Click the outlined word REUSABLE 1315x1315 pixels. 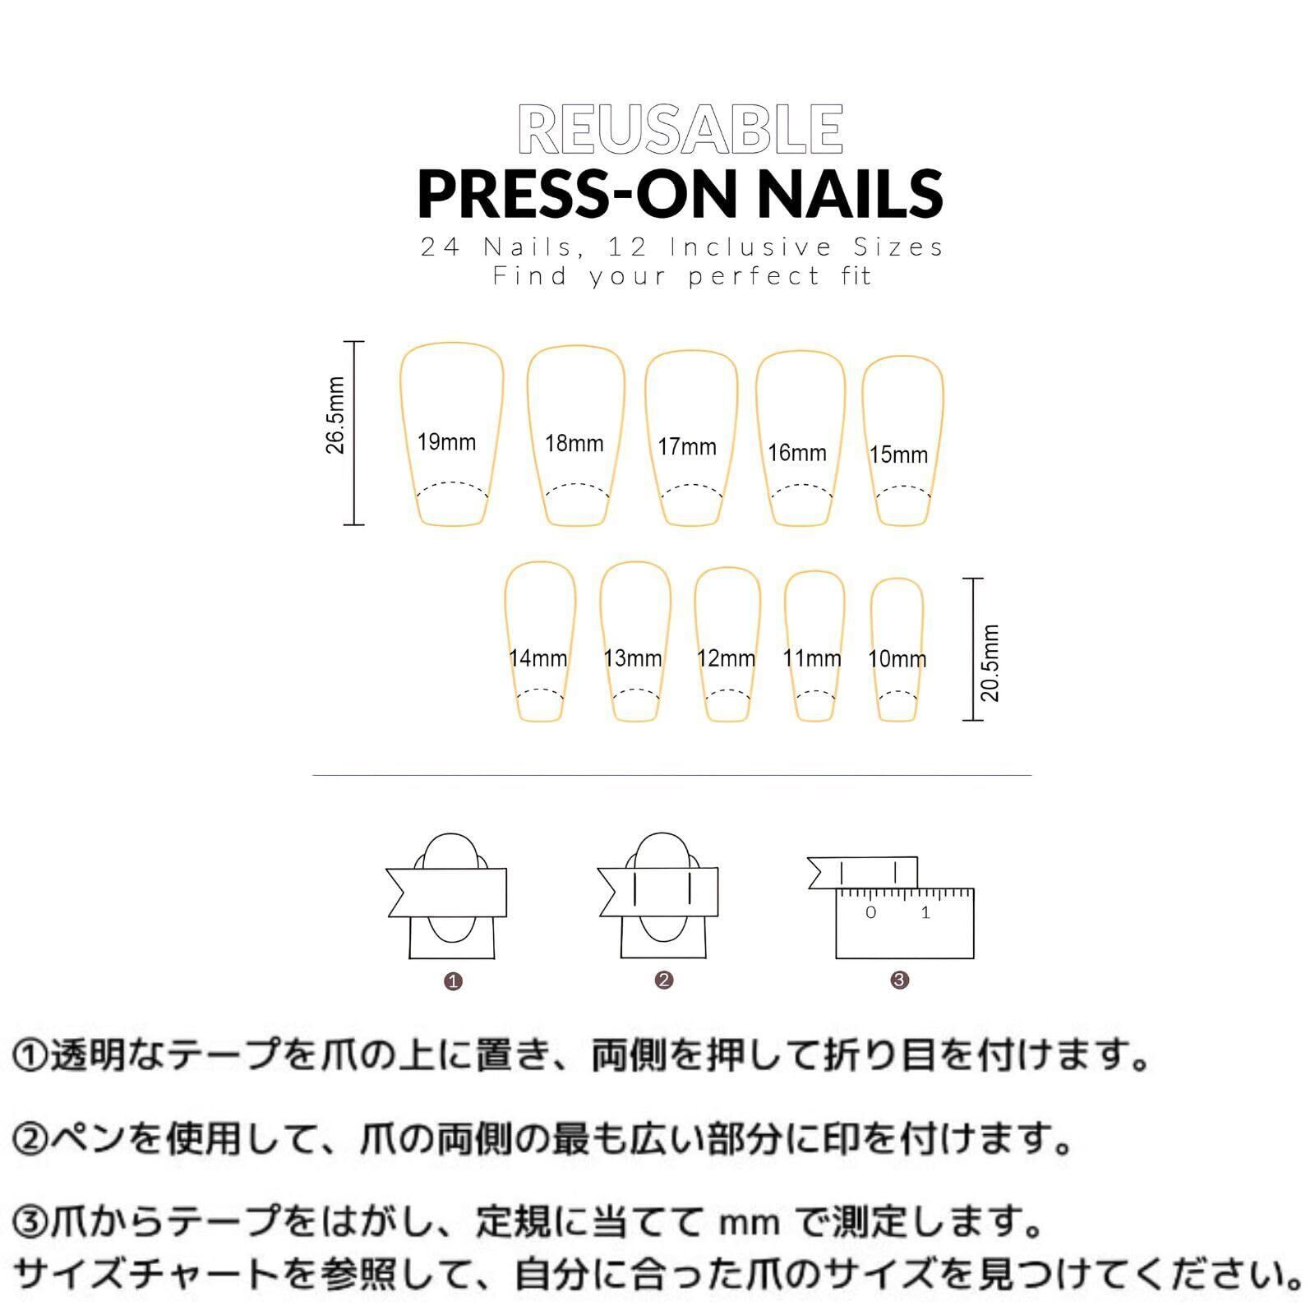[x=681, y=129]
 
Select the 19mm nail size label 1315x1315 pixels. [x=446, y=442]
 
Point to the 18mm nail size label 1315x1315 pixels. [x=574, y=444]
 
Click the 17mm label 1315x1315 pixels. [x=687, y=447]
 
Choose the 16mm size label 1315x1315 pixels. [x=797, y=452]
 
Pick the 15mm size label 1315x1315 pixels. [x=898, y=454]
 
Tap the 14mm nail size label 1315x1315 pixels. [x=538, y=658]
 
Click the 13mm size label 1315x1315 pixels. [x=632, y=658]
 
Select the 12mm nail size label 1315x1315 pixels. [x=726, y=658]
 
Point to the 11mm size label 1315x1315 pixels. [x=812, y=658]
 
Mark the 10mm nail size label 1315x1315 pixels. [x=897, y=658]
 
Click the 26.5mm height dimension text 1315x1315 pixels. [x=335, y=415]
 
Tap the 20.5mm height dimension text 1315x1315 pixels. [x=990, y=662]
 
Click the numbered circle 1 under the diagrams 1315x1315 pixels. [x=453, y=981]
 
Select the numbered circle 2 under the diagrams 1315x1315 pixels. [x=665, y=980]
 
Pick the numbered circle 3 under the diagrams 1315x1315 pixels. [x=900, y=980]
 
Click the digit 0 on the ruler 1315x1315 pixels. [x=871, y=912]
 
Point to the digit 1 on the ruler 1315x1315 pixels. [x=925, y=912]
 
